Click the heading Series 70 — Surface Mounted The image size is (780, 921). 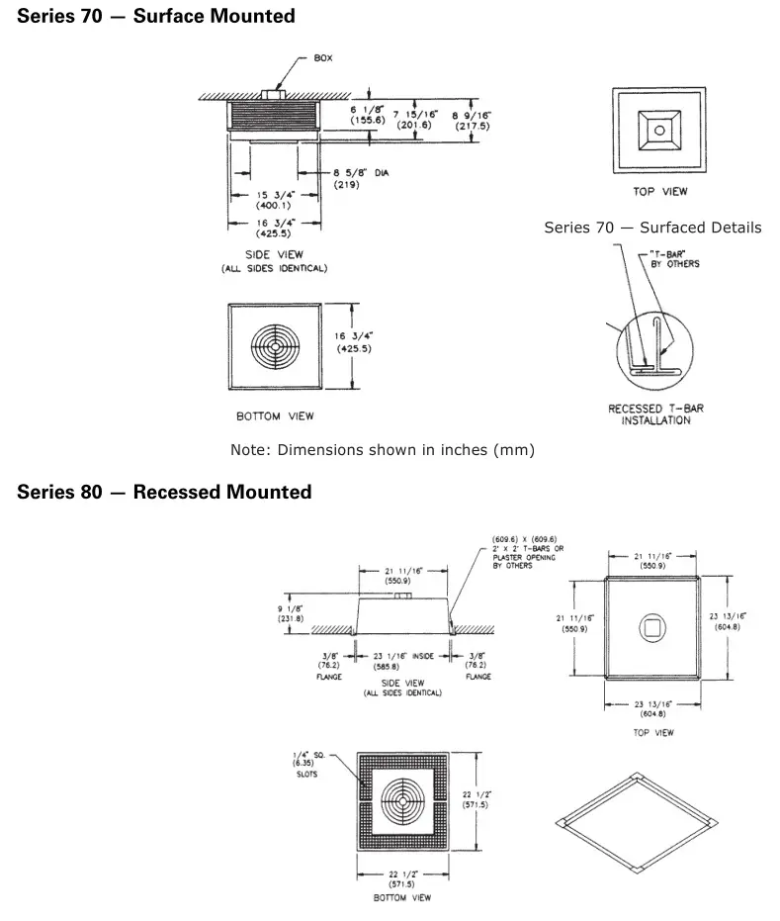156,16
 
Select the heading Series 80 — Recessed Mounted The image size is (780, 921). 164,492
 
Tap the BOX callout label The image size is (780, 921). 323,57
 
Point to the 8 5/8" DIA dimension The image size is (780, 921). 360,178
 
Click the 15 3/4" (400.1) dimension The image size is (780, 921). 273,199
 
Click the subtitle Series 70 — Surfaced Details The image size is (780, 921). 652,228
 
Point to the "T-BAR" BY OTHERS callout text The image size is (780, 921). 675,259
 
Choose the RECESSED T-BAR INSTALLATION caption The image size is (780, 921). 656,414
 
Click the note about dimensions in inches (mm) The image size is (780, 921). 382,450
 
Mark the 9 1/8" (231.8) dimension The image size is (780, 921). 291,613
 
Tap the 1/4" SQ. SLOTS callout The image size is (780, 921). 304,766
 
